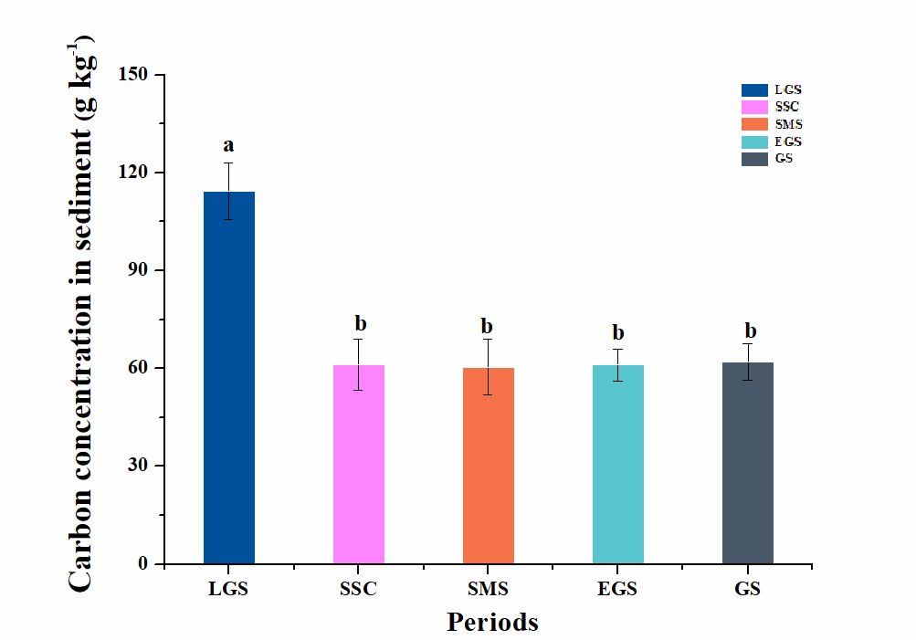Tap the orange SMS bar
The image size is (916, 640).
point(488,466)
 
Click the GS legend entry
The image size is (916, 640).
point(769,159)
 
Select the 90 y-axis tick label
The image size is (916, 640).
point(140,270)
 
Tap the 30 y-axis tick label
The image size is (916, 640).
point(140,466)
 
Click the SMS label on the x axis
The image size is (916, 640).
point(488,589)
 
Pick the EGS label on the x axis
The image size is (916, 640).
point(617,589)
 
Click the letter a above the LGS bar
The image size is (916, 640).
point(228,145)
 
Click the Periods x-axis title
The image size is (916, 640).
point(492,623)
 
